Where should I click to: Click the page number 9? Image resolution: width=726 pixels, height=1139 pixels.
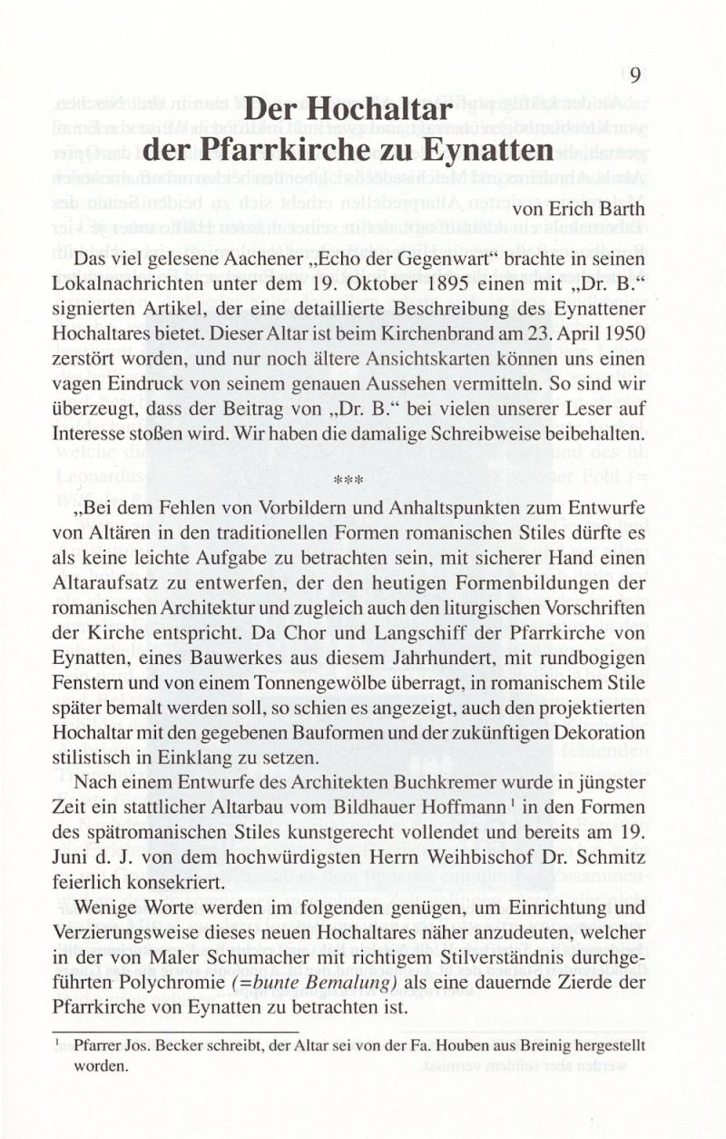634,75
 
